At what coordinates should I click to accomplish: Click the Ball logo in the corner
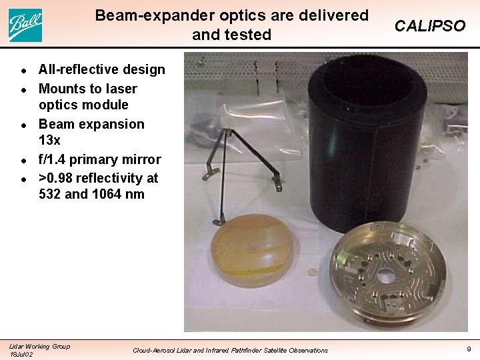pyautogui.click(x=25, y=25)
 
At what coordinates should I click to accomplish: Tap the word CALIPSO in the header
pyautogui.click(x=429, y=26)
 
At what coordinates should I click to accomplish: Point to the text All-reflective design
pyautogui.click(x=101, y=69)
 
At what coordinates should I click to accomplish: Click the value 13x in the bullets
pyautogui.click(x=49, y=140)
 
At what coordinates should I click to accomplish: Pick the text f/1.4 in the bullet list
pyautogui.click(x=55, y=159)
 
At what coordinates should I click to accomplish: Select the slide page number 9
pyautogui.click(x=468, y=348)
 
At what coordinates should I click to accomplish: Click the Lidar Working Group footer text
pyautogui.click(x=39, y=345)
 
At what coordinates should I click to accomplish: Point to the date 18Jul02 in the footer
pyautogui.click(x=21, y=354)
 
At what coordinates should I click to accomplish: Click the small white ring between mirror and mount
pyautogui.click(x=311, y=273)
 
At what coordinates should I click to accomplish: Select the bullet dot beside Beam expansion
pyautogui.click(x=23, y=125)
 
